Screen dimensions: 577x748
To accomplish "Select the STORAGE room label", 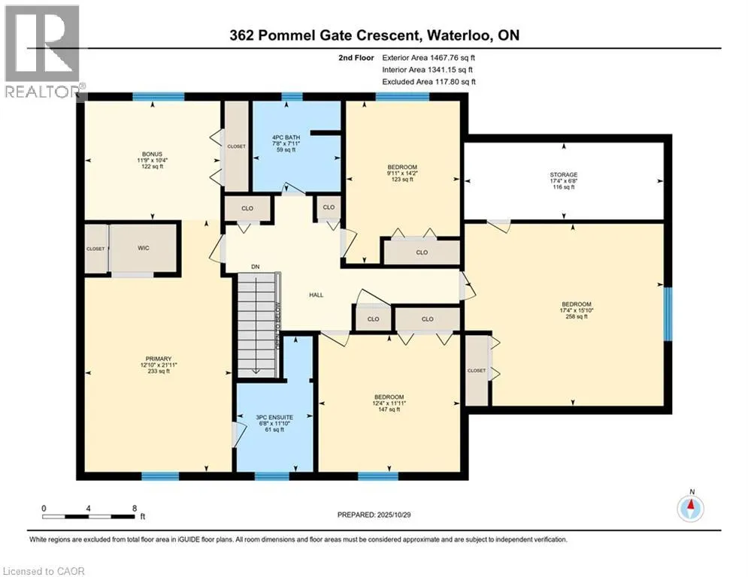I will (562, 174).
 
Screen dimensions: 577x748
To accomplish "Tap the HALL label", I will (316, 295).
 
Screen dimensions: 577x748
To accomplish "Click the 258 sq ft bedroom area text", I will (574, 316).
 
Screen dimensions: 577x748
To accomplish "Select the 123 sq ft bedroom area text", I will (401, 179).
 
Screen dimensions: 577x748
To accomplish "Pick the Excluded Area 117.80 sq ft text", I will (429, 82).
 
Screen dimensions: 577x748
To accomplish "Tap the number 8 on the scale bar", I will (134, 509).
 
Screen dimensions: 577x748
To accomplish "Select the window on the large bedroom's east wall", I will (668, 313).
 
